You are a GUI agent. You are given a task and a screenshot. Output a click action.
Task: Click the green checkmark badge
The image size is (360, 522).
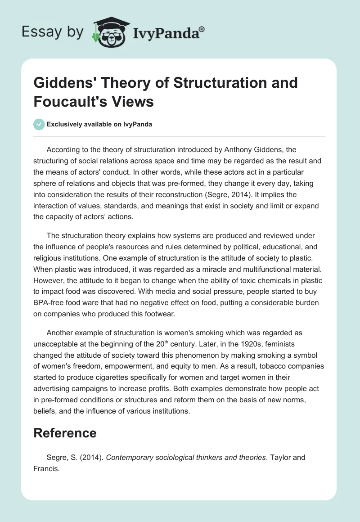[x=40, y=124]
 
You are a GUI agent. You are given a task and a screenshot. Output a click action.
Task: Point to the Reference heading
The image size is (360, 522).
[x=65, y=433]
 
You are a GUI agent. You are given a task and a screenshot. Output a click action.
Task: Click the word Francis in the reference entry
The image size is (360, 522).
[x=48, y=468]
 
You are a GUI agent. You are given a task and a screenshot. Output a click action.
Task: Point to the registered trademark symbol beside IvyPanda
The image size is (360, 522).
[x=202, y=29]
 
